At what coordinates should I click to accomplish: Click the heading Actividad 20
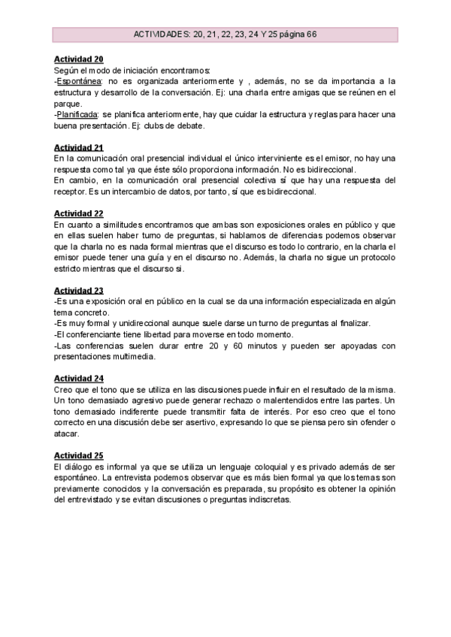(78, 59)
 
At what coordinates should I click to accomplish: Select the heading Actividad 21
(78, 147)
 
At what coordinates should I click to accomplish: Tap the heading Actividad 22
(78, 213)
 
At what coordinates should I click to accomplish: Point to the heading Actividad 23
(78, 290)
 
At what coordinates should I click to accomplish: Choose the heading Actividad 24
(78, 378)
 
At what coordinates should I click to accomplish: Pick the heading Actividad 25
(78, 455)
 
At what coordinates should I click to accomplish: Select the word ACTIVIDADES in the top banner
(160, 35)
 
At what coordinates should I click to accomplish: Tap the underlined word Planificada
(79, 114)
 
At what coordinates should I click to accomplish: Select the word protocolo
(376, 257)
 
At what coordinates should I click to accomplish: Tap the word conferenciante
(101, 334)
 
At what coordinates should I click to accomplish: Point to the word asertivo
(229, 422)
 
